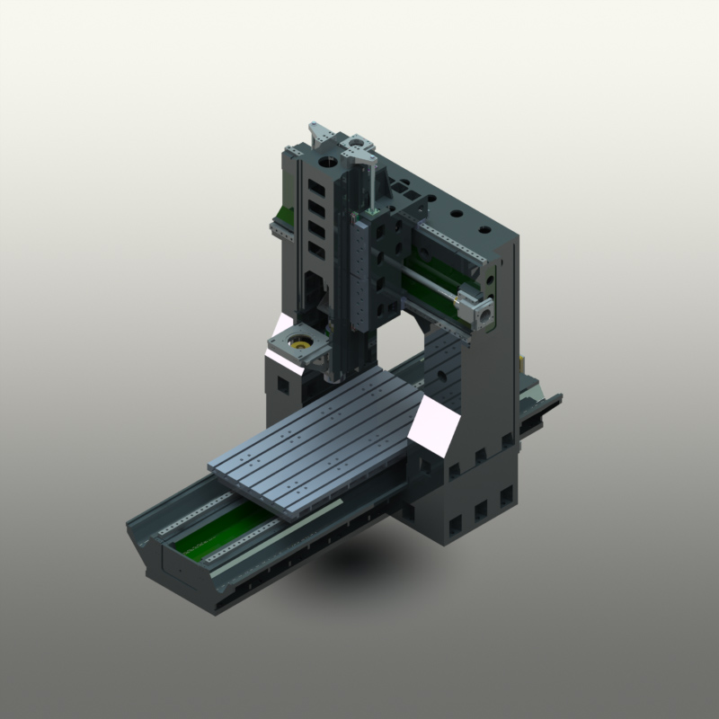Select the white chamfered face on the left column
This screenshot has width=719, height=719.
click(279, 329)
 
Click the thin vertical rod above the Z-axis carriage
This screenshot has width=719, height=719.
click(368, 184)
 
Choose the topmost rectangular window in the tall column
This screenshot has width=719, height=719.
click(316, 188)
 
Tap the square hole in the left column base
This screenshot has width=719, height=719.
click(284, 386)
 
